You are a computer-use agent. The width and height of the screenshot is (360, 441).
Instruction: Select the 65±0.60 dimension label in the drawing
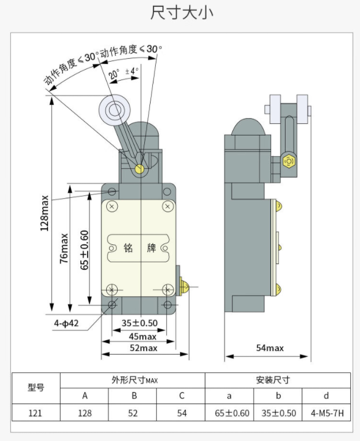click(84, 250)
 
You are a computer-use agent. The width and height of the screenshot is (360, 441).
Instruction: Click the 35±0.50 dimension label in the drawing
click(140, 323)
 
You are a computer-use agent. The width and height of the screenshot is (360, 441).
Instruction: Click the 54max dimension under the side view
click(269, 348)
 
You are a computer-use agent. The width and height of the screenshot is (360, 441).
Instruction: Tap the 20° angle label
click(113, 74)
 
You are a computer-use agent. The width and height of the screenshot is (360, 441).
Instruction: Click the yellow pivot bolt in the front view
click(139, 168)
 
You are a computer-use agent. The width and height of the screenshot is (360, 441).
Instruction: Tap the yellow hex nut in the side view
click(289, 161)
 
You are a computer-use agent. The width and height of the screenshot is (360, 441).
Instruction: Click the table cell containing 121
click(36, 413)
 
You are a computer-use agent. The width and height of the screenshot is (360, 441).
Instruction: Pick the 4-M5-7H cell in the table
click(327, 413)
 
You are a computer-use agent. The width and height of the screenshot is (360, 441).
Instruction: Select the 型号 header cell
click(36, 387)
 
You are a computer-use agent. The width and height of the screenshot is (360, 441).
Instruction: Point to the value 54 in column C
click(182, 413)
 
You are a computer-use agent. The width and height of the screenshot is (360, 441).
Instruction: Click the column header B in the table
click(134, 396)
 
